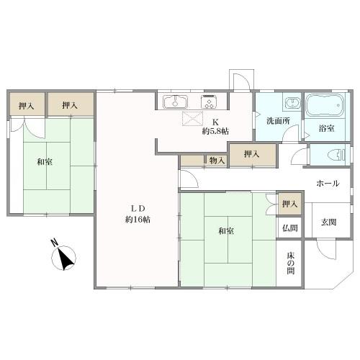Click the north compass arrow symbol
66,257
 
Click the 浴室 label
326,128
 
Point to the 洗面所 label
277,121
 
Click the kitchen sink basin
174,101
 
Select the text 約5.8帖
215,131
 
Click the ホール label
327,183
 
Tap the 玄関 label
329,222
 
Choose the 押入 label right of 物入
251,153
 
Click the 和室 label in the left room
44,161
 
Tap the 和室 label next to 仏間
225,231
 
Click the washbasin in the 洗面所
291,103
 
